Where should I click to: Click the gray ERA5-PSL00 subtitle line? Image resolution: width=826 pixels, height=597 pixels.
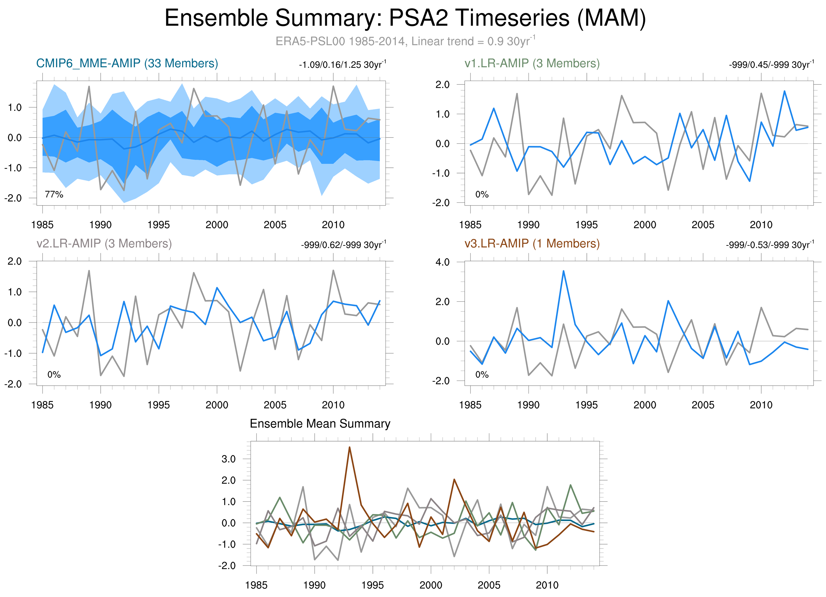405,41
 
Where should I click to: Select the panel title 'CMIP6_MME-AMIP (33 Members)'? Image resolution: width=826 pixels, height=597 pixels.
127,63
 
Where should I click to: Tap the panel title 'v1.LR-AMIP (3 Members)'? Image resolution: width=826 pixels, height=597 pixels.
532,63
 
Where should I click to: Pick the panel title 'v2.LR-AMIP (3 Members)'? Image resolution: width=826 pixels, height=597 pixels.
104,243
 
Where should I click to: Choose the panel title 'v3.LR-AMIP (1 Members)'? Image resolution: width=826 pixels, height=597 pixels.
532,243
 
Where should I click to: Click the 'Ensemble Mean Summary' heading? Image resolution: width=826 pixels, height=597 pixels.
320,424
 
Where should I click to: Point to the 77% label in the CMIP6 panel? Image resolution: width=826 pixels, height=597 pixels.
54,195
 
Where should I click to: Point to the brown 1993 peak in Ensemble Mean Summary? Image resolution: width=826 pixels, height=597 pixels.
349,447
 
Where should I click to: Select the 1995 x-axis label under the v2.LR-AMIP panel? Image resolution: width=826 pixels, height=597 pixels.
159,405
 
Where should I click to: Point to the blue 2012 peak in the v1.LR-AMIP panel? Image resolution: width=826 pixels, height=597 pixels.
784,91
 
